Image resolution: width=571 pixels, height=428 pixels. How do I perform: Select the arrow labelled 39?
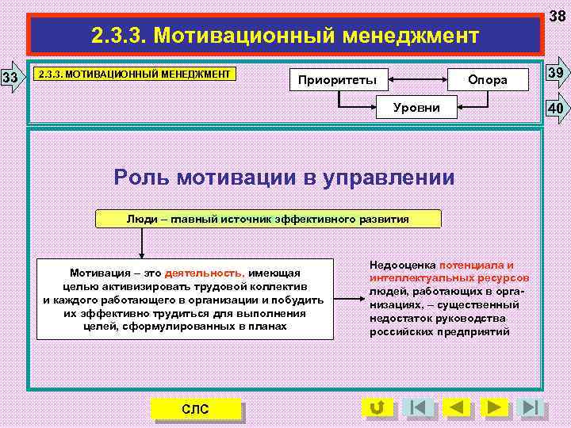tap(557, 74)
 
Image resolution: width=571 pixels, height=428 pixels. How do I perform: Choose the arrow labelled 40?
tap(557, 108)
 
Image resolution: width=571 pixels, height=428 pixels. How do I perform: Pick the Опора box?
tap(487, 80)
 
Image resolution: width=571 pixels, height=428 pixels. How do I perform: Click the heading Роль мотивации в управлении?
tap(285, 177)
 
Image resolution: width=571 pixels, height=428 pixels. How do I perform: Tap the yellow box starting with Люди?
tap(268, 219)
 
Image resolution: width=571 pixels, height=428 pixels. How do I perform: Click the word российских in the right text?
tap(402, 332)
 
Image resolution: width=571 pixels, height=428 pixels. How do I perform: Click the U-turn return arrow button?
tap(377, 408)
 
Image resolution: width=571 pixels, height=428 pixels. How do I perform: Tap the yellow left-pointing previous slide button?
tap(456, 408)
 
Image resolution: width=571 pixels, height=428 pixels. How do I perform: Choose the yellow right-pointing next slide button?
tap(493, 408)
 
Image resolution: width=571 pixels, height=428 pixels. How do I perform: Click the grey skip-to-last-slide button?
tap(530, 408)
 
